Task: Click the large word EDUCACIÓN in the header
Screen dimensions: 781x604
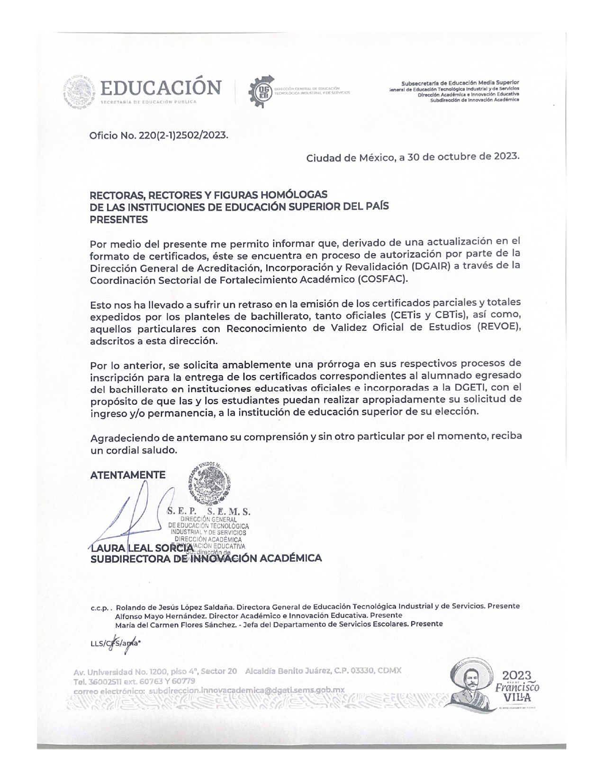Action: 162,88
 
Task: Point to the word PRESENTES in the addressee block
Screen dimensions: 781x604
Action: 119,220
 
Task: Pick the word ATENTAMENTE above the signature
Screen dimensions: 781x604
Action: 128,475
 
